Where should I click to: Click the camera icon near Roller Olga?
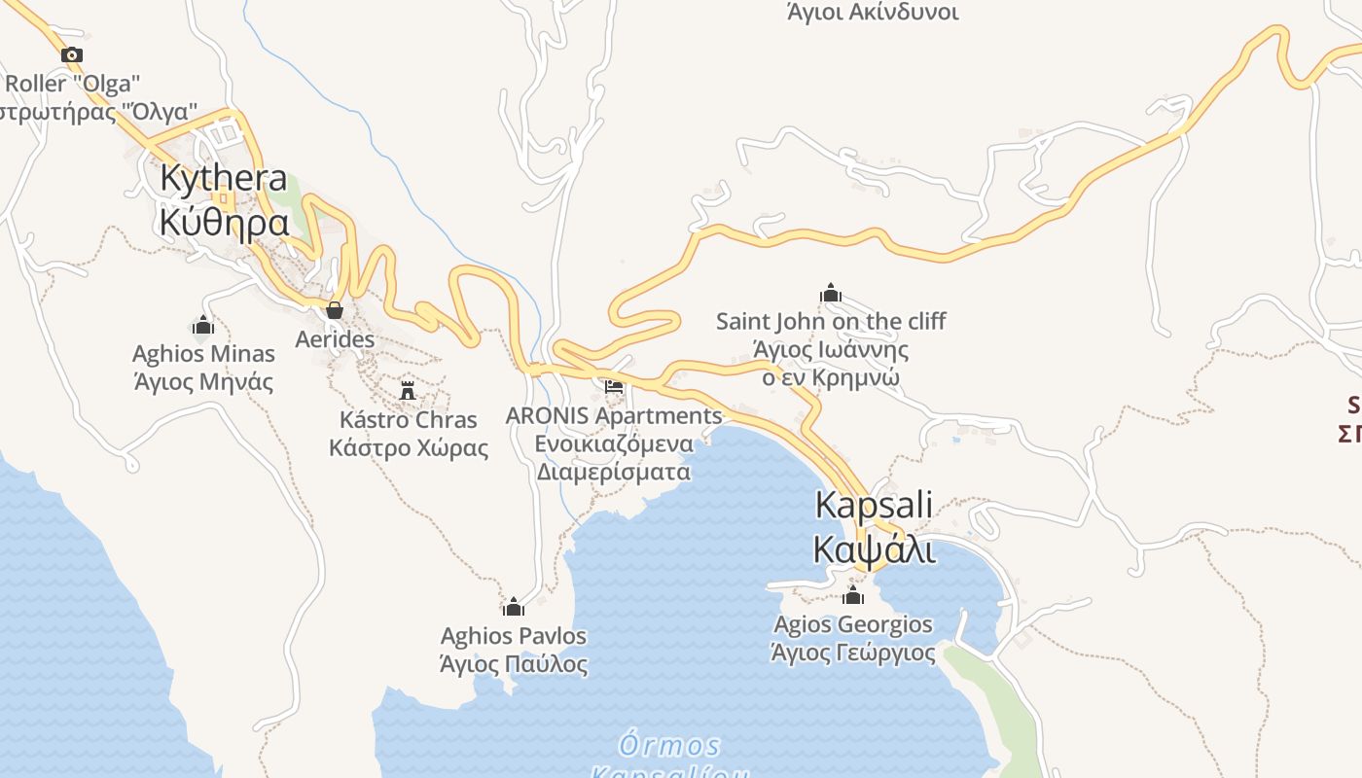(71, 55)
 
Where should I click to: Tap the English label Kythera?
(224, 179)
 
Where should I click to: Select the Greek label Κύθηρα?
(224, 223)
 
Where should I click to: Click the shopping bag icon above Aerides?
(335, 310)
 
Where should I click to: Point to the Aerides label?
(335, 339)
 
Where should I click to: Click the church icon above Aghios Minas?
(203, 325)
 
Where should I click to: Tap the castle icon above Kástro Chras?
(408, 391)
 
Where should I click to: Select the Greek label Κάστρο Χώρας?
(409, 448)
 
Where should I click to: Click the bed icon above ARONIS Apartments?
(614, 386)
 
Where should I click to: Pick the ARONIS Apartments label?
(614, 416)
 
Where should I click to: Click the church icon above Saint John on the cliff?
(831, 293)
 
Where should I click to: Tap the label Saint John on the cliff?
(831, 321)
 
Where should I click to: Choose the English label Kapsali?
(874, 506)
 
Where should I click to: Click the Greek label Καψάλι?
(874, 549)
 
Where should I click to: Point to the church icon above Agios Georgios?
(853, 595)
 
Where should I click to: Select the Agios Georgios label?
(853, 624)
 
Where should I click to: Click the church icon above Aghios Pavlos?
(514, 608)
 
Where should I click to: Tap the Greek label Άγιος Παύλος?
(514, 665)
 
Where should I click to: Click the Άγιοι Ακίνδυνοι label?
(872, 13)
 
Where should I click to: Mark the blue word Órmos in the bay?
(671, 746)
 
